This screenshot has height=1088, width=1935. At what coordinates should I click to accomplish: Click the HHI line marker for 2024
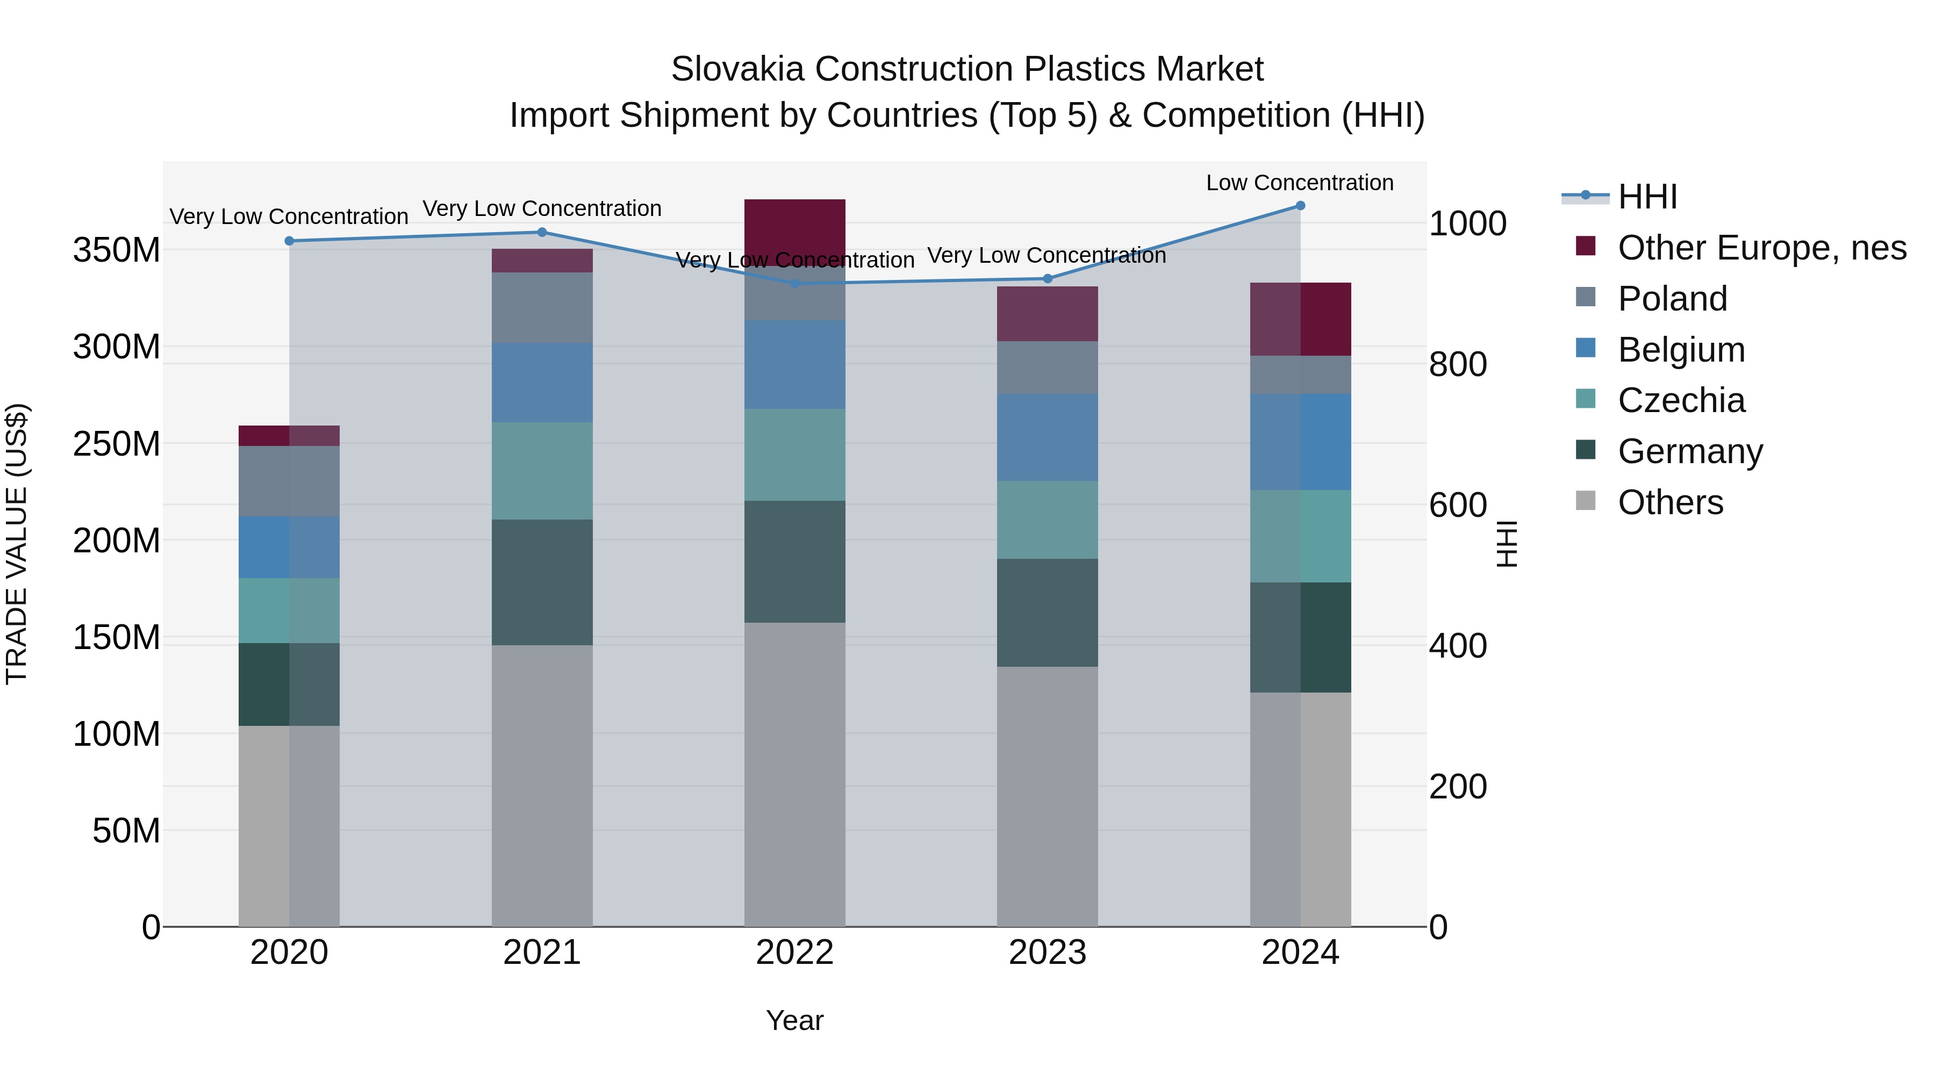(x=1300, y=206)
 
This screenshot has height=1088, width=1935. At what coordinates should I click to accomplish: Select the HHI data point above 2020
(x=289, y=241)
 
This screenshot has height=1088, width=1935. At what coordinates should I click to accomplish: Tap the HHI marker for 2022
(x=795, y=283)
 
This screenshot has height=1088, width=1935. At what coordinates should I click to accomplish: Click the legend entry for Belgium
(x=1681, y=350)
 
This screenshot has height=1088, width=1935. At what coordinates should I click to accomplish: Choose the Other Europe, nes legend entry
(x=1761, y=248)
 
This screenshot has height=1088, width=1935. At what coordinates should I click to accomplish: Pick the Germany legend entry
(x=1690, y=451)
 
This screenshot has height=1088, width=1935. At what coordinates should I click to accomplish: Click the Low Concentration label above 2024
(x=1300, y=183)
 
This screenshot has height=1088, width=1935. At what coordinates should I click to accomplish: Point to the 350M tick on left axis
(x=117, y=250)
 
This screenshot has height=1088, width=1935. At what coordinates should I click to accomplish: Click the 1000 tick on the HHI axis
(x=1467, y=224)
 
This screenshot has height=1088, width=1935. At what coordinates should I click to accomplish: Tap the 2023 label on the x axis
(x=1047, y=953)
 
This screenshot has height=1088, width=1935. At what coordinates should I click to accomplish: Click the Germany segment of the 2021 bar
(x=542, y=582)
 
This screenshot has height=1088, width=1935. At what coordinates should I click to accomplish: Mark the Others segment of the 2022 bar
(x=795, y=773)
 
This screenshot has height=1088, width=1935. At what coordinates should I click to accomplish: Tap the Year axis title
(x=795, y=1020)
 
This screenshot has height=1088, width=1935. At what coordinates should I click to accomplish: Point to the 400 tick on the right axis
(x=1457, y=646)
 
